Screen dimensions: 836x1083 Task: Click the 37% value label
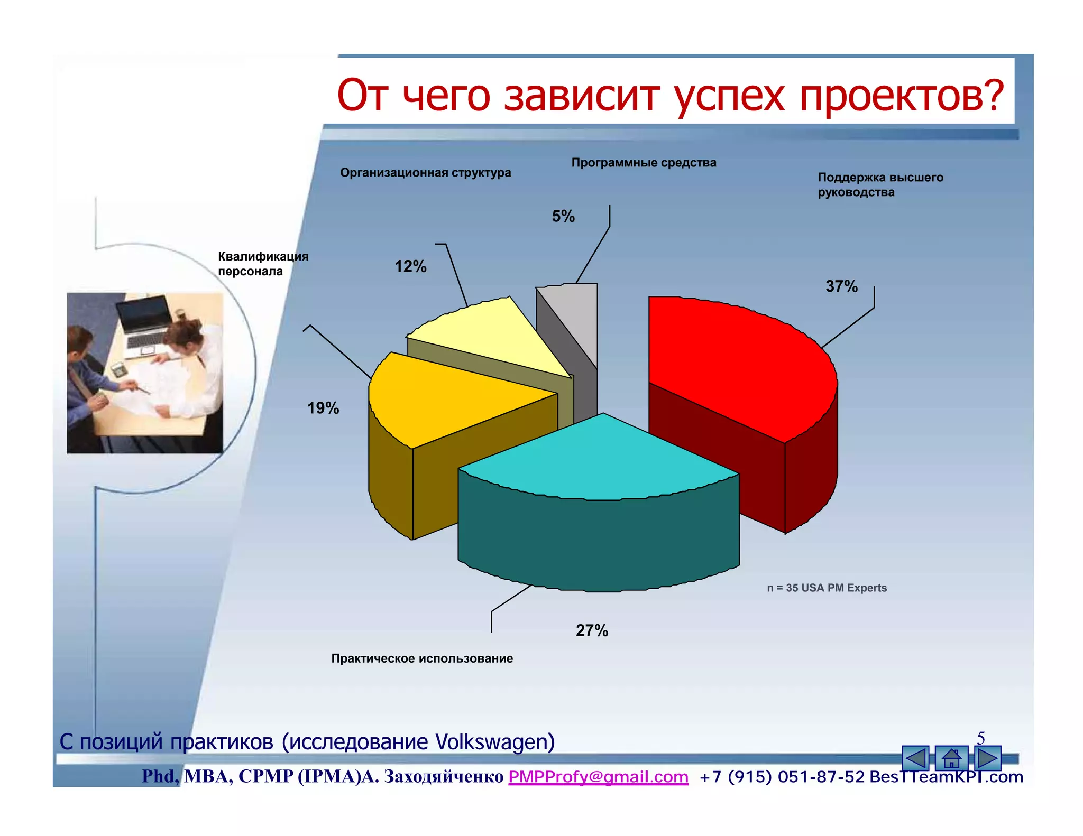point(841,286)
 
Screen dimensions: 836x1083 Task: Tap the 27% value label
point(592,630)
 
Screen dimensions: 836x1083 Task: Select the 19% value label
point(323,408)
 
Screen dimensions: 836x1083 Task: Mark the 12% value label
point(410,266)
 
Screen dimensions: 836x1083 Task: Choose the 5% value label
point(563,216)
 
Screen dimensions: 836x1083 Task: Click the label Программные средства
point(644,163)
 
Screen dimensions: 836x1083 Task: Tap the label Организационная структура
point(425,173)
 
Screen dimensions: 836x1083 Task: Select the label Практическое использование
point(422,658)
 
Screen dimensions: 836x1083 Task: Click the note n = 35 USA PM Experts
point(827,588)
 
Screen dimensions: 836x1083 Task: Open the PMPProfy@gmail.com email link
point(598,776)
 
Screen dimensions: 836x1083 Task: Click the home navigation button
point(951,758)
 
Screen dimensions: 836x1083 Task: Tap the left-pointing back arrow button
point(915,758)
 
